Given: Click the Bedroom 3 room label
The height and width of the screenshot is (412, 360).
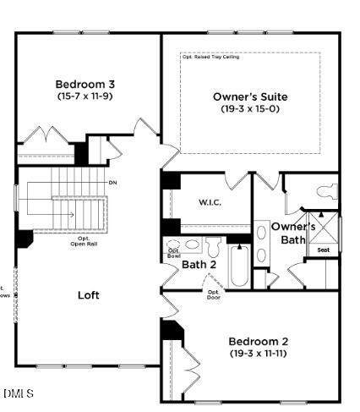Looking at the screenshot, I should coord(85,84).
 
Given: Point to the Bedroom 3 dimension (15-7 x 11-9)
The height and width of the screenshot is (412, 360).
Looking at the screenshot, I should coord(85,96).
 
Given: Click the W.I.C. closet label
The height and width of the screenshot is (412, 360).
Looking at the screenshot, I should coord(210,202).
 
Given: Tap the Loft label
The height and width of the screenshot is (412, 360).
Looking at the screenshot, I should coord(89,295).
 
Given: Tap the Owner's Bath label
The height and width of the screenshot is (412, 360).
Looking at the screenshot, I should coord(293,233).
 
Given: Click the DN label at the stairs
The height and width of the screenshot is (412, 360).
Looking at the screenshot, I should coord(112,183).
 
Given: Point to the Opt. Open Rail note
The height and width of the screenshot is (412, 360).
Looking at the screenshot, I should coord(84,241).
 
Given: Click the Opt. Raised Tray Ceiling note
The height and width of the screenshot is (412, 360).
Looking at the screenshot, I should coord(211,57).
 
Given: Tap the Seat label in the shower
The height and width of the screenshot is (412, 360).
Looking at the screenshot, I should coord(323,250).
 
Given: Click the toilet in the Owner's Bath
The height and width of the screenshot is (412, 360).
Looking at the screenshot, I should coord(327,192).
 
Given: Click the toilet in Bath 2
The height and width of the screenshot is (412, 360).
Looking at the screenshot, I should coord(212,246).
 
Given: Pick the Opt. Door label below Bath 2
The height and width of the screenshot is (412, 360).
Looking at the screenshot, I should coord(214,294).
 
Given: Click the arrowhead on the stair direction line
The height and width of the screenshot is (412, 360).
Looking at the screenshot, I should coord(74,215).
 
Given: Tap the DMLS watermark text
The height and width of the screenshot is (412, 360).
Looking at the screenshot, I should coord(19,393).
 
